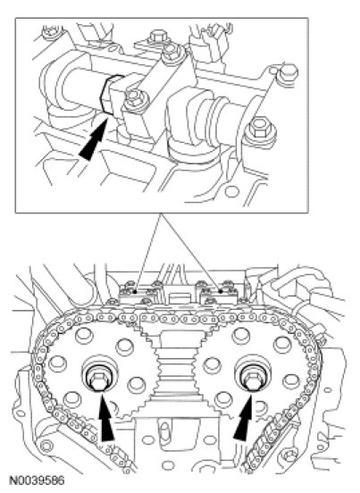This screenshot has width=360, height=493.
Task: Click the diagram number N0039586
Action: tap(37, 480)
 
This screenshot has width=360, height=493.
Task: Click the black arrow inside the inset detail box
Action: tap(95, 138)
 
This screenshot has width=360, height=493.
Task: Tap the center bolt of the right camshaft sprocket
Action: tap(252, 377)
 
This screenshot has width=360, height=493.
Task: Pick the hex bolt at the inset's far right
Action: tap(261, 130)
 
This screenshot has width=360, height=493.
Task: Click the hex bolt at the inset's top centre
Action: tap(156, 37)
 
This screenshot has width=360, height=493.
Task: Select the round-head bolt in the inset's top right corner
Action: tap(289, 72)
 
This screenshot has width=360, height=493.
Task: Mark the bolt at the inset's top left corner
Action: tap(49, 33)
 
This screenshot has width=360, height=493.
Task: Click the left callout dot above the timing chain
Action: tap(135, 291)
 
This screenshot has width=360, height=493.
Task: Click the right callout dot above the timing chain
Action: tap(221, 291)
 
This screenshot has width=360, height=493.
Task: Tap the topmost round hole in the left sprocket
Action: tap(83, 336)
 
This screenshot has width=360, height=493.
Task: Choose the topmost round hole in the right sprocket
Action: tap(240, 336)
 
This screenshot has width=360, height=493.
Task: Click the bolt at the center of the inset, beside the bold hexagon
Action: tap(132, 102)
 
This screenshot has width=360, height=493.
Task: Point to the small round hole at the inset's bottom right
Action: tap(231, 191)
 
